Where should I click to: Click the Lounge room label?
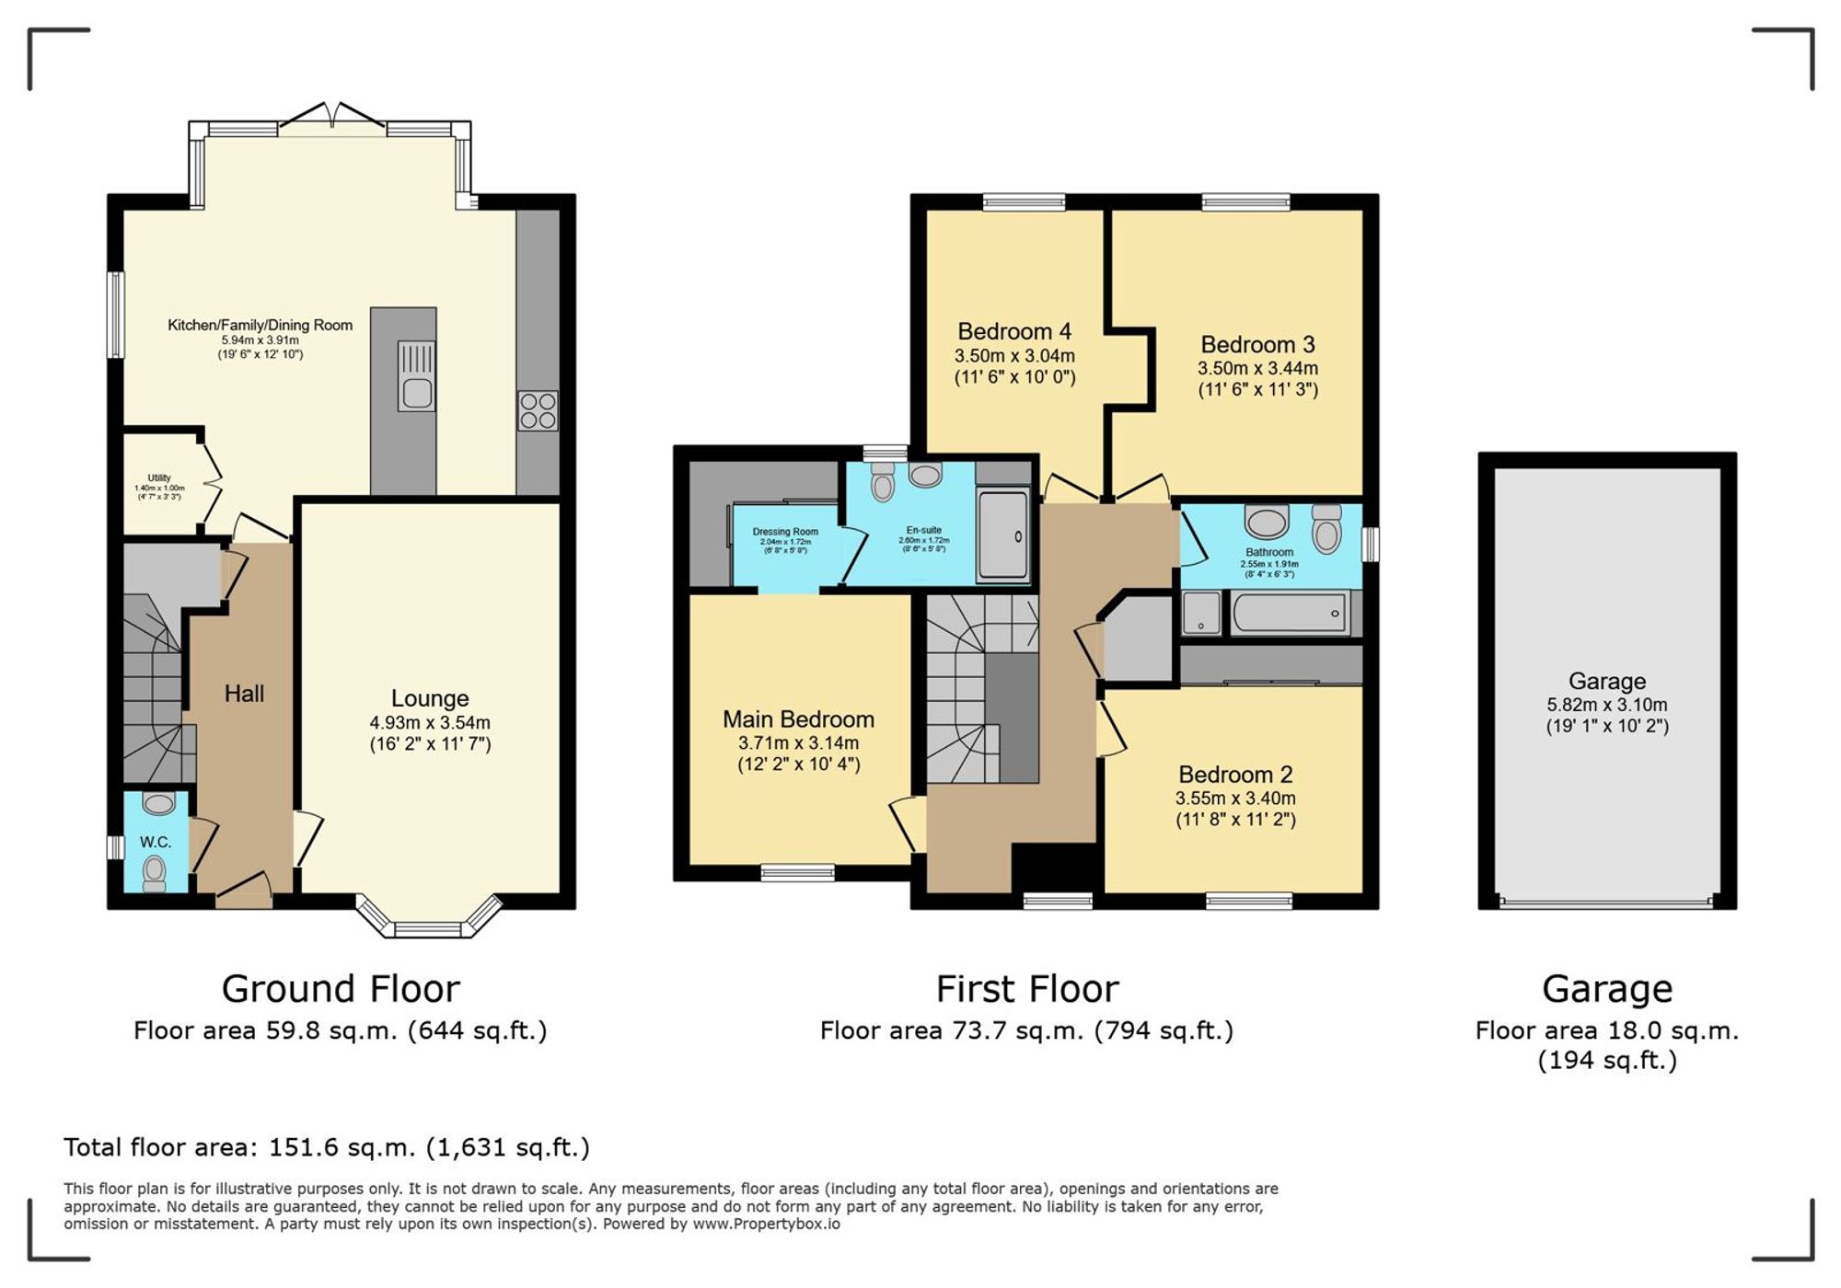click(x=430, y=698)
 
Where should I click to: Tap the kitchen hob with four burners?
click(x=538, y=410)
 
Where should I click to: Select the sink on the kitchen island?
click(x=416, y=393)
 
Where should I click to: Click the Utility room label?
click(x=159, y=478)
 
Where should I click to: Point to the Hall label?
click(x=244, y=694)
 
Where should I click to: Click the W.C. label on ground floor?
click(x=156, y=842)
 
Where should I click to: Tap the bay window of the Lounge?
click(x=429, y=924)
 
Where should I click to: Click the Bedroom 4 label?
click(x=1014, y=331)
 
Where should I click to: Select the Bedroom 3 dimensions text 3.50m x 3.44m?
click(x=1257, y=368)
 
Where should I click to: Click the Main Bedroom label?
click(x=798, y=719)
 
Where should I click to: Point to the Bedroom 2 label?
click(x=1235, y=775)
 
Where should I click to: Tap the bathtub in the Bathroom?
click(x=1289, y=613)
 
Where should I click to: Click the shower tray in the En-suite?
click(x=1002, y=535)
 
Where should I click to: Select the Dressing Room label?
click(x=785, y=532)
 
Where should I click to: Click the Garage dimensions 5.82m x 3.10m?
click(x=1606, y=705)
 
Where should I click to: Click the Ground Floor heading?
click(x=341, y=989)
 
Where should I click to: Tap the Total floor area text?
click(x=326, y=1147)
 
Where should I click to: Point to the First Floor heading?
click(x=1027, y=989)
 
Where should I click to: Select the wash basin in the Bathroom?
click(x=1267, y=522)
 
